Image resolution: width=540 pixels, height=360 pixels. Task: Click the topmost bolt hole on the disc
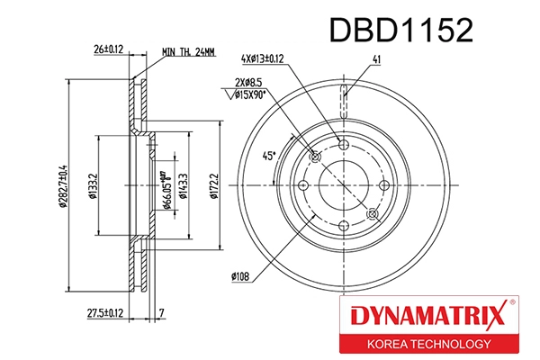[x=344, y=145]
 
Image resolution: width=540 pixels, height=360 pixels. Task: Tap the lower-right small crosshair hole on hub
[x=372, y=213]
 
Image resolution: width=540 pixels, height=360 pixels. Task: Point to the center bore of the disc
[x=344, y=186]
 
